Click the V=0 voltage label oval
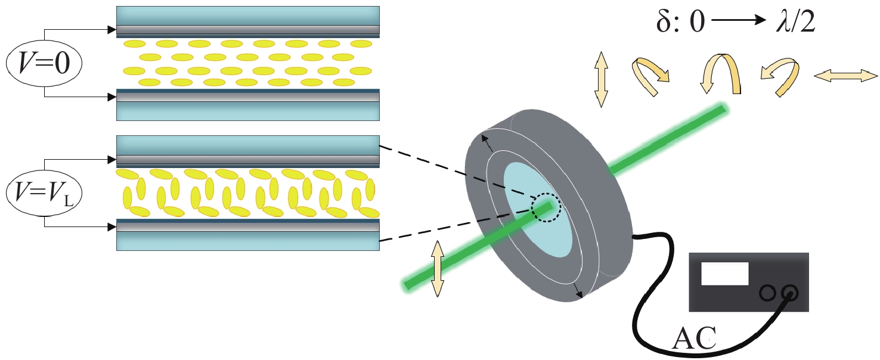point(45,63)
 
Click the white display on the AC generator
point(724,274)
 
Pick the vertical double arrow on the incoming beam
point(438,268)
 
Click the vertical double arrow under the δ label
point(601,79)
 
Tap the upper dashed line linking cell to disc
point(453,173)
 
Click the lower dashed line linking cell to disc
point(453,226)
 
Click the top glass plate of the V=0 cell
point(247,15)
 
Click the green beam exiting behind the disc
point(668,138)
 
